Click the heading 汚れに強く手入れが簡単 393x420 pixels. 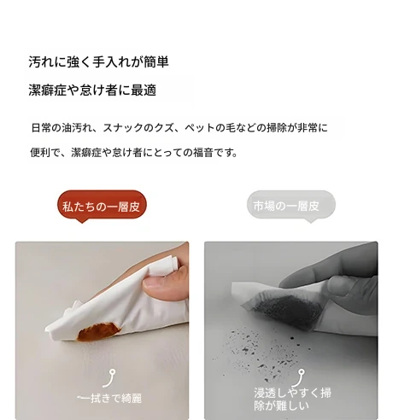pyautogui.click(x=98, y=61)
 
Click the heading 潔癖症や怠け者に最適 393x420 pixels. pyautogui.click(x=92, y=90)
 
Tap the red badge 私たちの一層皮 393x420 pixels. pyautogui.click(x=102, y=205)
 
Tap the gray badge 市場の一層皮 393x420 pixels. pyautogui.click(x=290, y=205)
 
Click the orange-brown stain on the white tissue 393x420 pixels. pyautogui.click(x=98, y=331)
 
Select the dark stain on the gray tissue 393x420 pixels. pyautogui.click(x=287, y=312)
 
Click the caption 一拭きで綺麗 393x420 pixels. pyautogui.click(x=109, y=398)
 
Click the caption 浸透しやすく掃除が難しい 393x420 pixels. pyautogui.click(x=293, y=399)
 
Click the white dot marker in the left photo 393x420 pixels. pyautogui.click(x=113, y=371)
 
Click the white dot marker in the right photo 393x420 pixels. pyautogui.click(x=302, y=371)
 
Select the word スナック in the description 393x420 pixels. pyautogui.click(x=122, y=128)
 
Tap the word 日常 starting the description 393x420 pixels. pyautogui.click(x=41, y=128)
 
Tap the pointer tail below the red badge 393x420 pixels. pyautogui.click(x=82, y=221)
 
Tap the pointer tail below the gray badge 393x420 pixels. pyautogui.click(x=311, y=220)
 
